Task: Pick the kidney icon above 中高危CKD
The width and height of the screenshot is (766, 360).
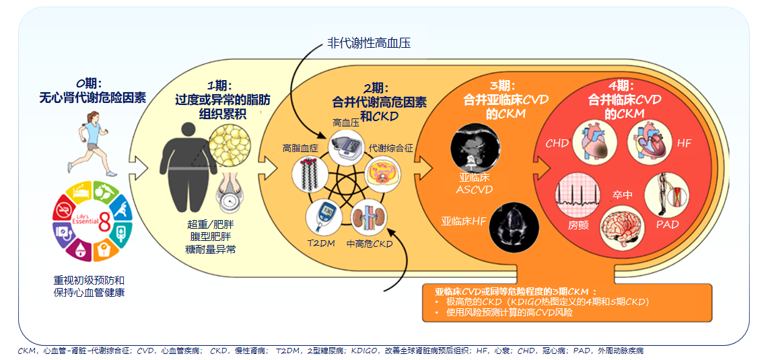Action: pos(369,217)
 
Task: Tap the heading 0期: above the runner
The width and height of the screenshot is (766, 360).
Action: pos(89,83)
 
